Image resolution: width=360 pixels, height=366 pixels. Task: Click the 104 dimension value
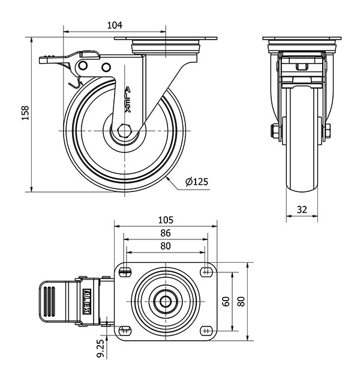coord(114,25)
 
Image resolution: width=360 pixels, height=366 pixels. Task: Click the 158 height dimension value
coord(25,113)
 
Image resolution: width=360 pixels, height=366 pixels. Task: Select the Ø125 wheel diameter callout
coord(197,181)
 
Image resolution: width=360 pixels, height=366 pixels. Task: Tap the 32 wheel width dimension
coord(301,209)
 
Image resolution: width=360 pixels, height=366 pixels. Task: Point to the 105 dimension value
coord(166,219)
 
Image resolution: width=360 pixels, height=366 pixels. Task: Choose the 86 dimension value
coord(166,233)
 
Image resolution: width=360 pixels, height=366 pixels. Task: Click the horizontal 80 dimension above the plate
coord(166,246)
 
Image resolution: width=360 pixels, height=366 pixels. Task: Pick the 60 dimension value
coord(226,300)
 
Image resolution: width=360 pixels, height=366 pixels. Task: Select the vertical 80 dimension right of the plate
coord(241,300)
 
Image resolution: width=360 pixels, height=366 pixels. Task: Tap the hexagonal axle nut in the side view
coord(124,131)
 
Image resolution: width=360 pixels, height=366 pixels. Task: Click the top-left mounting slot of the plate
coord(125,272)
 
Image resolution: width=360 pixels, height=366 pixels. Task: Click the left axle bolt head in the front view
coord(274,130)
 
